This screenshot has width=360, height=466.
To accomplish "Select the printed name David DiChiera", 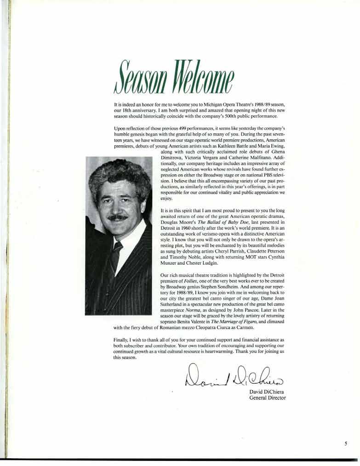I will [x=267, y=392].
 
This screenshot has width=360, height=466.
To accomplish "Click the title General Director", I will [x=267, y=398].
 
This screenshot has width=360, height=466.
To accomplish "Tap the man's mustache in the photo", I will [x=118, y=217].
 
